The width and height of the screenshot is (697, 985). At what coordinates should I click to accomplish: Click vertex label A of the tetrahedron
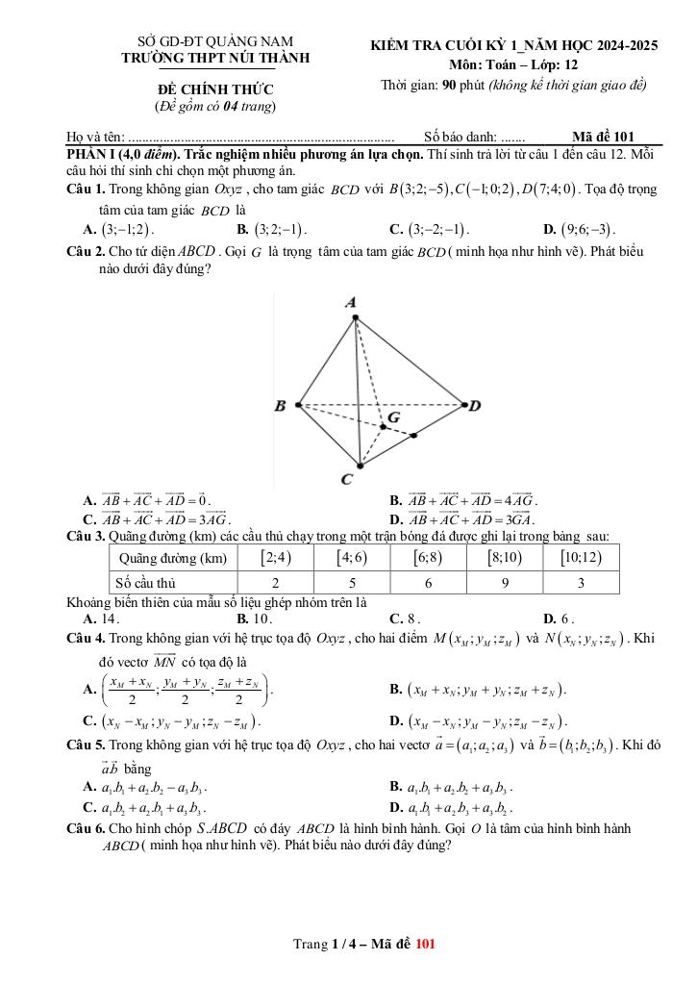(x=351, y=302)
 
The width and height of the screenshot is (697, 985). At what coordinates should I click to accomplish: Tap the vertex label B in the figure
(x=280, y=405)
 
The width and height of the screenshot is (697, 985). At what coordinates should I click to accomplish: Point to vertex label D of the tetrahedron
(x=474, y=405)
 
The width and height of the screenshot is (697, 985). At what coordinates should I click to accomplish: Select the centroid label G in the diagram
(x=393, y=418)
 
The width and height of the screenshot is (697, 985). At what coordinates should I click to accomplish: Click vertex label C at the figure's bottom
(x=346, y=478)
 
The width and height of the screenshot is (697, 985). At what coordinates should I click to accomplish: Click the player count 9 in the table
(x=505, y=582)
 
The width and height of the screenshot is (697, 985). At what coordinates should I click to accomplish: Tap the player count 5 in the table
(x=352, y=582)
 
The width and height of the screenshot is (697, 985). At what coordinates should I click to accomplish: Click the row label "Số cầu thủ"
(x=145, y=582)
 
